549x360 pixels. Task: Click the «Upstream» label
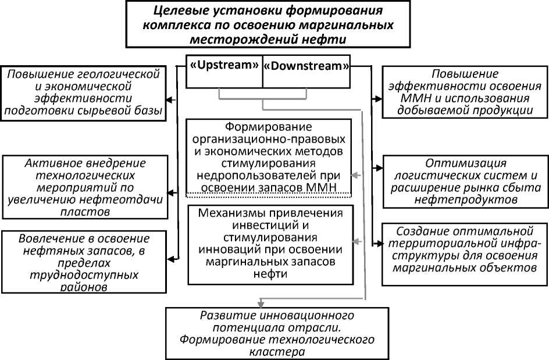[224, 66]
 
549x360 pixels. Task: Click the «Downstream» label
[306, 66]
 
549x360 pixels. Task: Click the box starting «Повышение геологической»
[83, 92]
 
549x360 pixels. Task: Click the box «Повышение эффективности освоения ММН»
[464, 91]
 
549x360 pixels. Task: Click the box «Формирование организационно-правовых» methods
[269, 156]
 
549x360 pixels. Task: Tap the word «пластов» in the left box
[83, 212]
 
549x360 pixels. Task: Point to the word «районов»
[84, 288]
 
